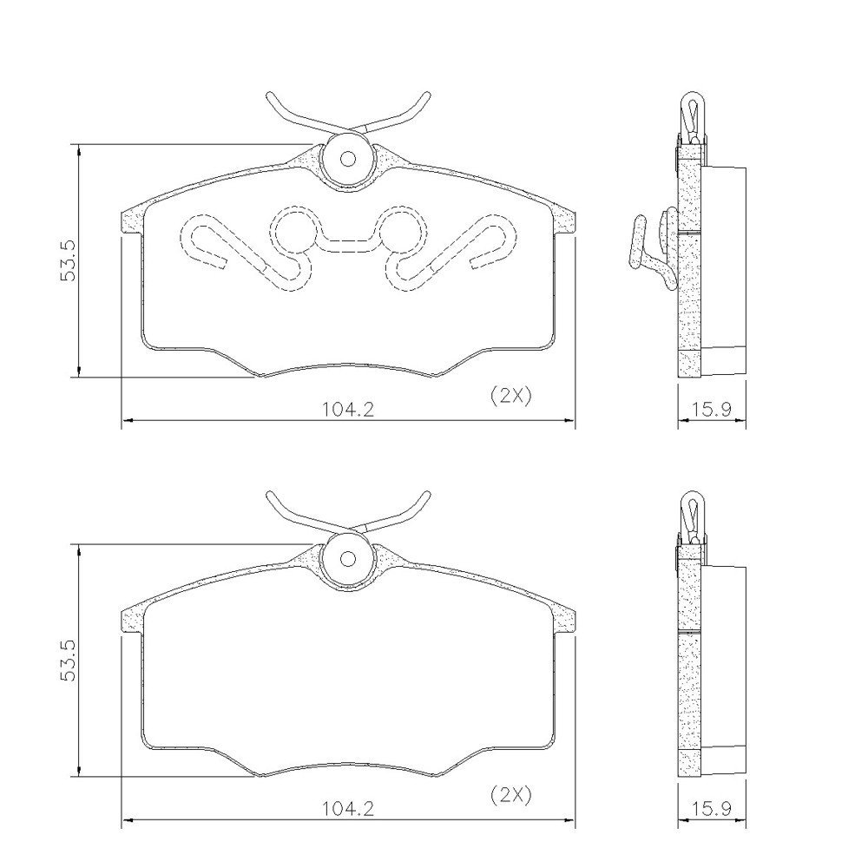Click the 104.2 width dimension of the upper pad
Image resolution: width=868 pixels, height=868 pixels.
[348, 409]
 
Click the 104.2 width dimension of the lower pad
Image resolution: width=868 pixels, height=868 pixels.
[348, 809]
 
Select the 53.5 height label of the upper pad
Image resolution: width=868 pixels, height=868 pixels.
[68, 260]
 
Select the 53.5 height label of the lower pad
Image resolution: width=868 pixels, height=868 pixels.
[68, 660]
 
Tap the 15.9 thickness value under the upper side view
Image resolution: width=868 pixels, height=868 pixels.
[712, 409]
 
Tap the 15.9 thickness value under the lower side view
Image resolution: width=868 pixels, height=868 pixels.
[712, 809]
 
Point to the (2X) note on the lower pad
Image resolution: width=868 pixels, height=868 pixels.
[510, 795]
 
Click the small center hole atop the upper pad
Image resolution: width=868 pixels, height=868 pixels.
[348, 159]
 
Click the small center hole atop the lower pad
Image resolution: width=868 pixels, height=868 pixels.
[348, 558]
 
